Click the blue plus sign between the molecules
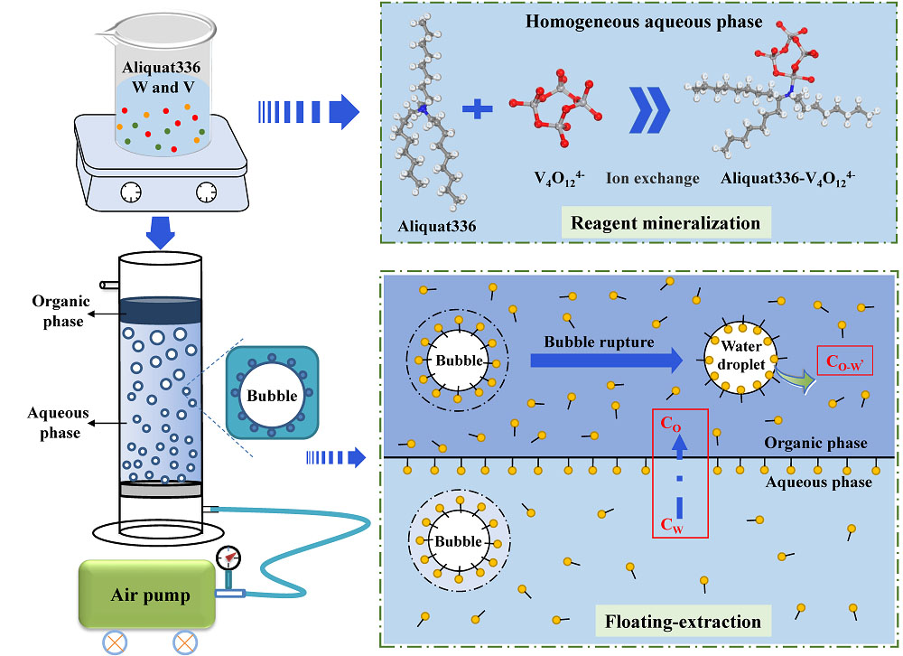point(478,110)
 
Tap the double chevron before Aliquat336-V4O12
point(649,115)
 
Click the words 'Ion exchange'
point(652,178)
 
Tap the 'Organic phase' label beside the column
point(58,311)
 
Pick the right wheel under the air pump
point(185,642)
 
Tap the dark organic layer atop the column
point(159,310)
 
